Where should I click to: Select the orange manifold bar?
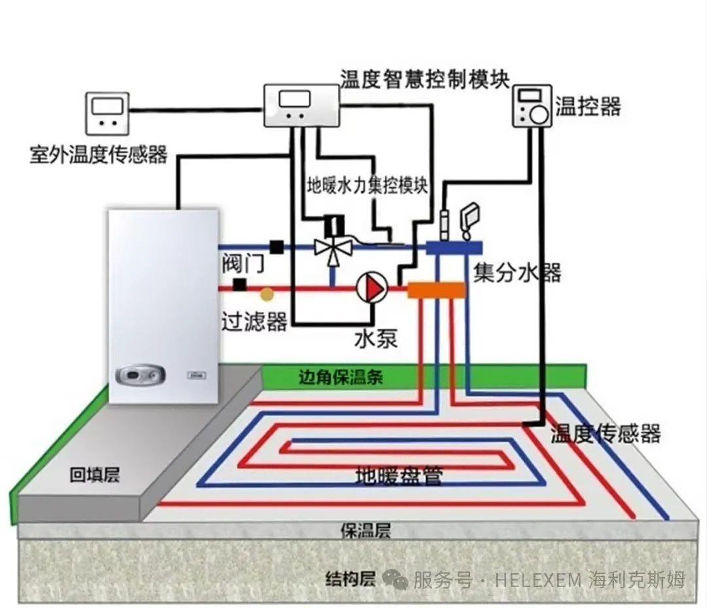[x=436, y=290]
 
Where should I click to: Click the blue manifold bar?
[x=454, y=248]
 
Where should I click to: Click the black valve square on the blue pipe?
[x=277, y=246]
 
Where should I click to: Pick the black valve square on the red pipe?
[x=240, y=284]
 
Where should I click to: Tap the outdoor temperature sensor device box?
[x=107, y=113]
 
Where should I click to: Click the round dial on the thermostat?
[x=539, y=114]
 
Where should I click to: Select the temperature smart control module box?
[x=302, y=106]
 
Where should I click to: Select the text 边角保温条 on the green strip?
[x=340, y=377]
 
